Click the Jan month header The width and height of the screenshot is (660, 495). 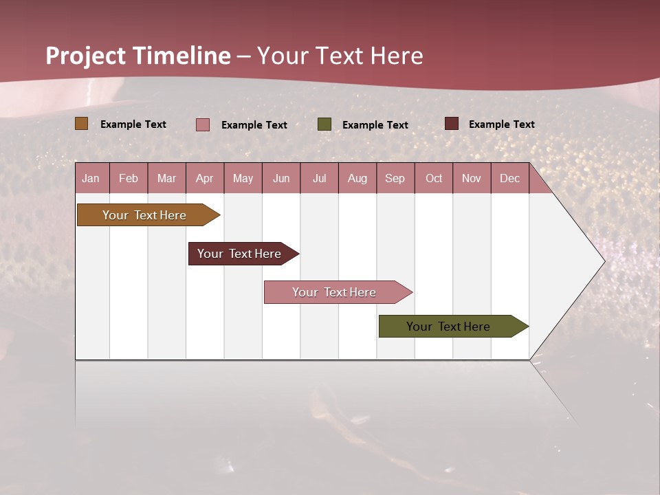[x=91, y=179]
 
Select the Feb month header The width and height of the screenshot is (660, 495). [x=129, y=179]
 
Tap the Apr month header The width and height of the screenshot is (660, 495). [x=204, y=179]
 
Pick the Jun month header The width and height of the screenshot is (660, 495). [x=281, y=179]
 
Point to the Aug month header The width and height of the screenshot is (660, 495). [x=357, y=179]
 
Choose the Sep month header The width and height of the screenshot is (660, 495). [x=395, y=179]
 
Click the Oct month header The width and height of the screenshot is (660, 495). [x=434, y=179]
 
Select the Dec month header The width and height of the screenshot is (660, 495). [x=509, y=179]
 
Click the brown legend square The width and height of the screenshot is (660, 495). [x=81, y=124]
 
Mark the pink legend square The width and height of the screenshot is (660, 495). [x=203, y=124]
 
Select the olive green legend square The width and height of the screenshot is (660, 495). [x=324, y=124]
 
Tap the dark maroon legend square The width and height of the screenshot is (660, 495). [x=451, y=124]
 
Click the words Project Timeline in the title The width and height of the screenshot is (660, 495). [x=138, y=56]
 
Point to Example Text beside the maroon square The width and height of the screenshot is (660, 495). [x=501, y=124]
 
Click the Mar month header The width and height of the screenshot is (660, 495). [x=166, y=179]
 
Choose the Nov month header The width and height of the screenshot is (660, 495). [x=472, y=179]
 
